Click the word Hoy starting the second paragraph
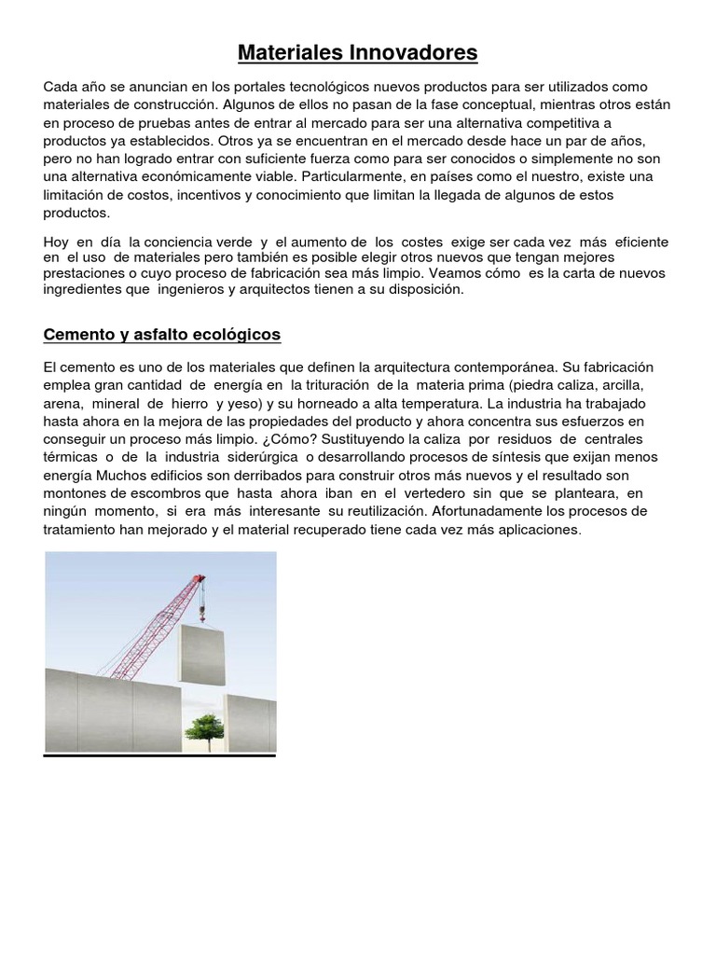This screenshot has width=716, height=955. tap(57, 242)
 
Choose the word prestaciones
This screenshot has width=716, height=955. tap(85, 273)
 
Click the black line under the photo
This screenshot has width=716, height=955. tap(159, 755)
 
